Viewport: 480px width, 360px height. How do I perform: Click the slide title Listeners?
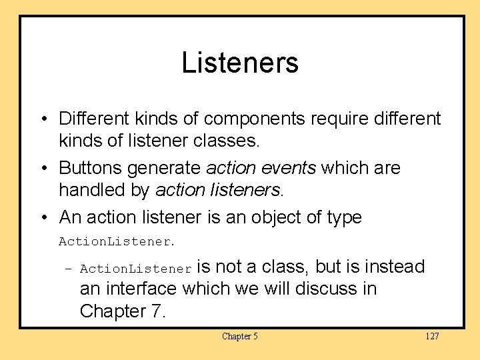[240, 63]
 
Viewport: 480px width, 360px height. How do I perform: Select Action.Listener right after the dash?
[135, 269]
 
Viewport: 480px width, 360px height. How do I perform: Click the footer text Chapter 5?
[240, 336]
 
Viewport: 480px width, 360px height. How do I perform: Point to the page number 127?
[432, 336]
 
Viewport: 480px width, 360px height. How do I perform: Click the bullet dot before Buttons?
[43, 168]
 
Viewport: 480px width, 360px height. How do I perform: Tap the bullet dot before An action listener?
[43, 217]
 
